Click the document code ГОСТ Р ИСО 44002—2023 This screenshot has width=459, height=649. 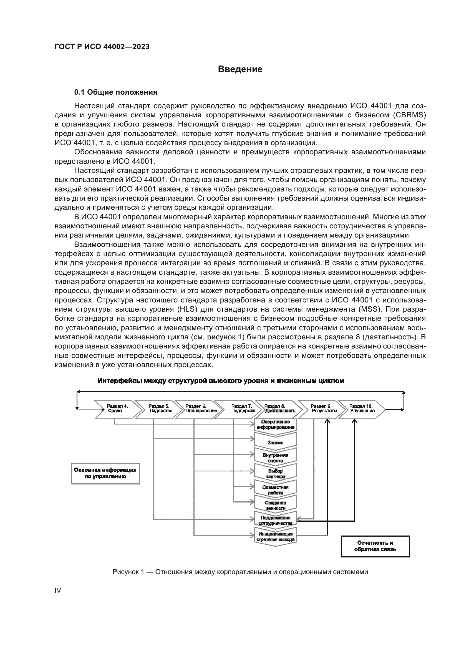pyautogui.click(x=102, y=47)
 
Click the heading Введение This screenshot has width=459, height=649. pyautogui.click(x=240, y=69)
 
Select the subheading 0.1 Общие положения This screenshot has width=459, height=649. pyautogui.click(x=116, y=92)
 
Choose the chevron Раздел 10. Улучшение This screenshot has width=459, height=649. pyautogui.click(x=362, y=409)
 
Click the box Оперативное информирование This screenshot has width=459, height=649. pyautogui.click(x=275, y=425)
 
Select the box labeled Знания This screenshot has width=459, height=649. pyautogui.click(x=275, y=443)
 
